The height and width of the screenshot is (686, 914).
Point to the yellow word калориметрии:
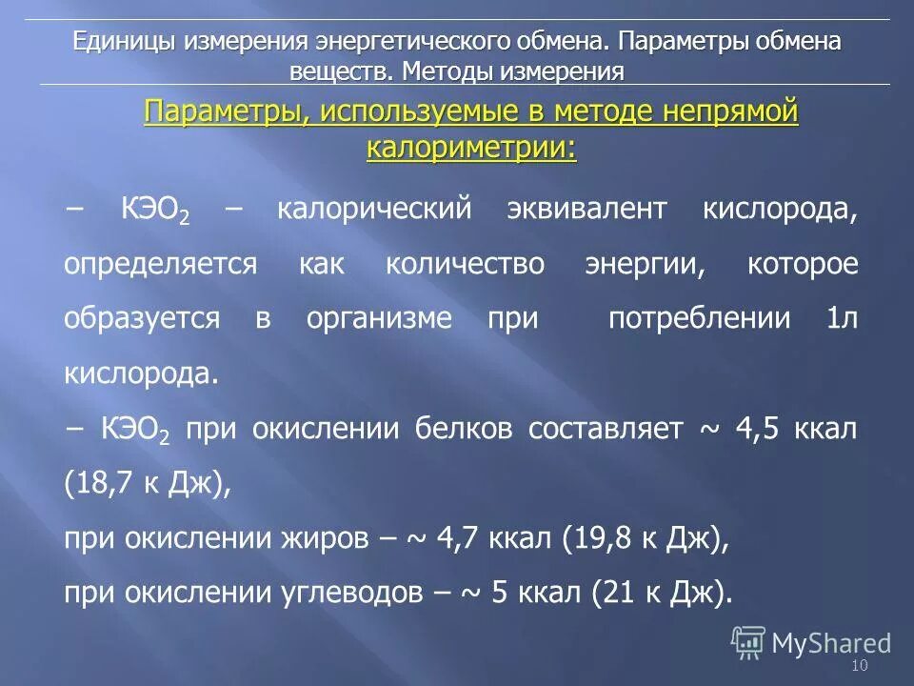tap(471, 148)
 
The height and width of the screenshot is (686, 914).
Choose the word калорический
tap(374, 210)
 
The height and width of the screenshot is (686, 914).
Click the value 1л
tap(843, 318)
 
